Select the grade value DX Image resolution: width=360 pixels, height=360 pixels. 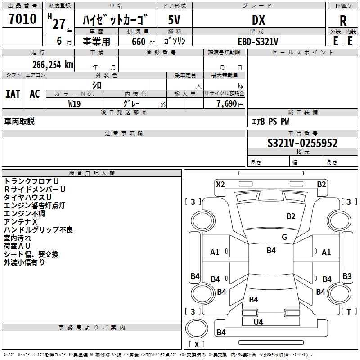point(258,20)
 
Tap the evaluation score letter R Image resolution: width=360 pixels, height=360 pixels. point(343,20)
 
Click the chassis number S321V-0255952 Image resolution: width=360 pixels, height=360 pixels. point(302,143)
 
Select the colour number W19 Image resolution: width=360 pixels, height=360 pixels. point(75,103)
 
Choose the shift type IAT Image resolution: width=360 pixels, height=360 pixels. point(13,94)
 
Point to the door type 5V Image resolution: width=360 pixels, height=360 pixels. point(174,20)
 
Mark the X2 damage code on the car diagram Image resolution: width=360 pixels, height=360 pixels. point(220,184)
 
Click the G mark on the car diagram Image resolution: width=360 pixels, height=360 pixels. point(284,237)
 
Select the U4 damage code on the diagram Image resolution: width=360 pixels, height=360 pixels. point(258,322)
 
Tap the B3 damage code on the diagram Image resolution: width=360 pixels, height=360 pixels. point(347,276)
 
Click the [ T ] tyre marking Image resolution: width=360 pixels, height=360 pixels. point(349,311)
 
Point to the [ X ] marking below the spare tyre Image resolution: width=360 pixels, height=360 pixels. point(197,344)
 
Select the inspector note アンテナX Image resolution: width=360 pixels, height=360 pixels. point(20,222)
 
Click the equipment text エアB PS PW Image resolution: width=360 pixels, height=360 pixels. point(270,121)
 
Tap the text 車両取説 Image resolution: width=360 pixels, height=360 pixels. point(19,121)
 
